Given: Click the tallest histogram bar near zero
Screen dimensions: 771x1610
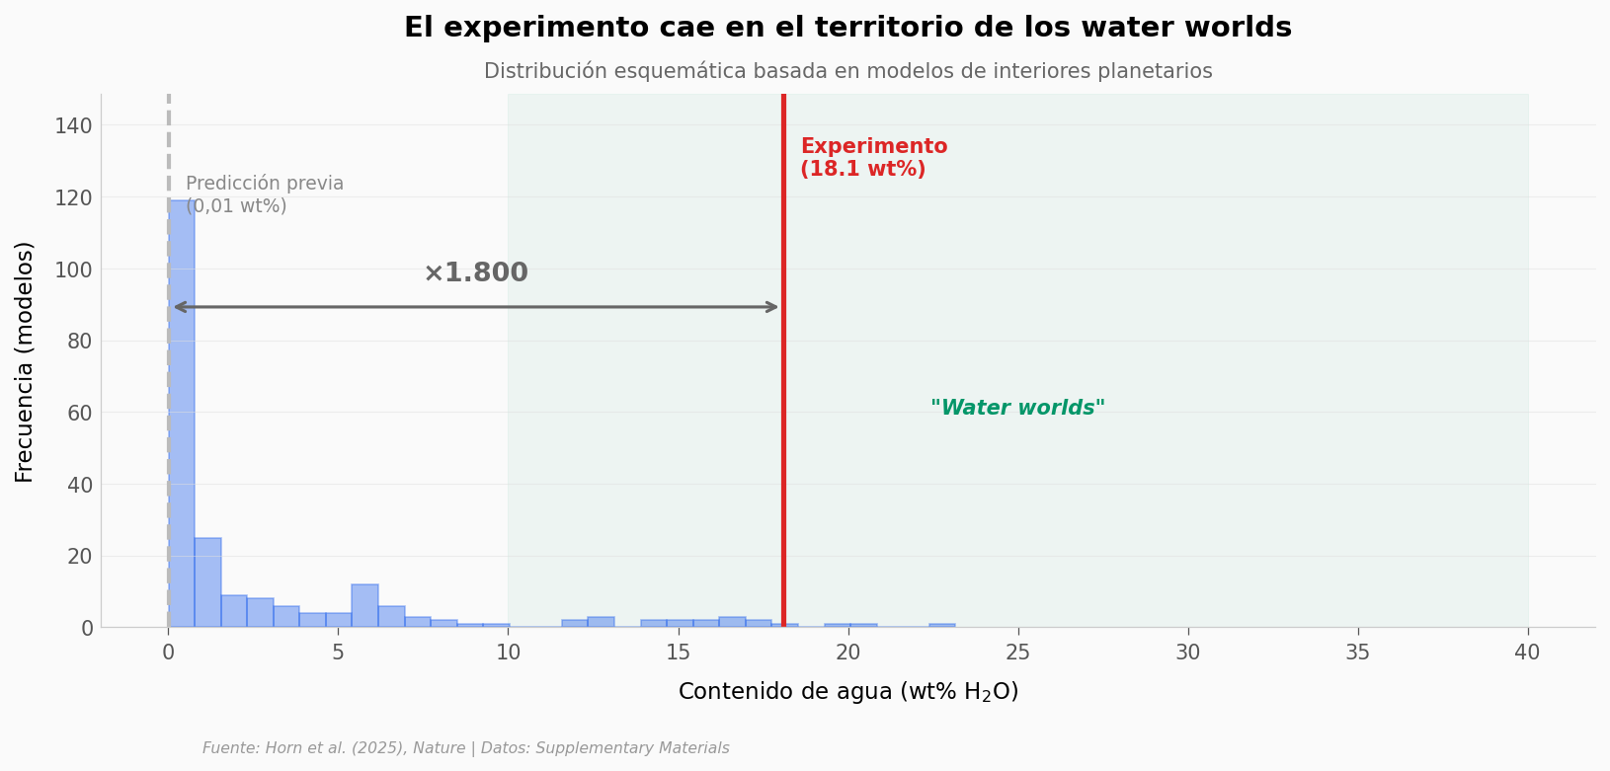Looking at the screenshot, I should (181, 415).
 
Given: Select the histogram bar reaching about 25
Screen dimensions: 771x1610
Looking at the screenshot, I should (207, 582).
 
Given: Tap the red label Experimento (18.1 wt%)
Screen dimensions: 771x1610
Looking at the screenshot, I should (873, 158).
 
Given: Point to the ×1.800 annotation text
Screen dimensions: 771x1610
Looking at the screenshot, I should (475, 273).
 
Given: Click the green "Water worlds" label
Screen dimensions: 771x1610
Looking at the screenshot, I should (1017, 408).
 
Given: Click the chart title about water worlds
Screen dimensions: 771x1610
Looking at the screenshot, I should (847, 28).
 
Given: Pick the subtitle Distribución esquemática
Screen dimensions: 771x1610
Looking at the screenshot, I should (847, 71).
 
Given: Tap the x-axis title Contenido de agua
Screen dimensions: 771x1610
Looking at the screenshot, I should (847, 692).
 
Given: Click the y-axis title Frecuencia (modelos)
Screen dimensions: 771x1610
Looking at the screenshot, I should (25, 361).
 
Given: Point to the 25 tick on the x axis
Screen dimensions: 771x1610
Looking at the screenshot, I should (1018, 653).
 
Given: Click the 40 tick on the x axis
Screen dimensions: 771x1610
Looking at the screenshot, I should (1527, 653).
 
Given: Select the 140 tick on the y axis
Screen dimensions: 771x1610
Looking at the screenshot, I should (73, 125).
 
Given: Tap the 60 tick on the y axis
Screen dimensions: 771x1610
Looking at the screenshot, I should (79, 413).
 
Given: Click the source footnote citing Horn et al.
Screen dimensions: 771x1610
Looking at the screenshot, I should (465, 748).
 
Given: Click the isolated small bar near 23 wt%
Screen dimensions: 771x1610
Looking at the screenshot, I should (941, 625).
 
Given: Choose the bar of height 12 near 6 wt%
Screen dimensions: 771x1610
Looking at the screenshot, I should (364, 606).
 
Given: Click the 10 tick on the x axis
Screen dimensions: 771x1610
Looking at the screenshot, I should (508, 653).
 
